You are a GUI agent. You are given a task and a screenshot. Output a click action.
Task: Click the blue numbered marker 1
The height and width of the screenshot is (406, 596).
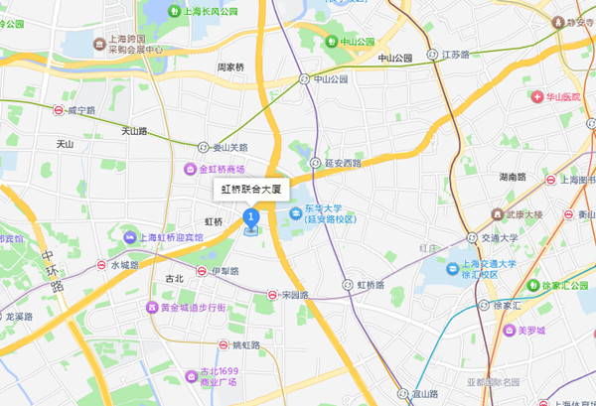click(x=251, y=215)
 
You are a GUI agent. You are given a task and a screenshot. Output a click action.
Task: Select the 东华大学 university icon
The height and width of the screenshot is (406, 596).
click(x=295, y=215)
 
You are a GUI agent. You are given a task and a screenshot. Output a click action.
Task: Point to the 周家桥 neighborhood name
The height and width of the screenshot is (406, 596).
click(x=231, y=68)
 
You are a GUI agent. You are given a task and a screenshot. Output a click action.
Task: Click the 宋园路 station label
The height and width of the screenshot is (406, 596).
click(x=295, y=295)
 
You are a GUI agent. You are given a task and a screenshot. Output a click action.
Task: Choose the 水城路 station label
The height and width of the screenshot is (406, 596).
click(x=127, y=265)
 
